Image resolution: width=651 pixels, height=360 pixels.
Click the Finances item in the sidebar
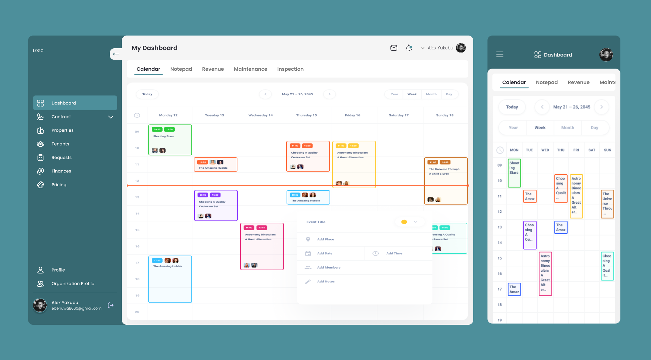coord(61,171)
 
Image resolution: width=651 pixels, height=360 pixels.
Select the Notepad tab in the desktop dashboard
coord(181,69)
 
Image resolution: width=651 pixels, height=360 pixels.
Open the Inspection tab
coord(290,69)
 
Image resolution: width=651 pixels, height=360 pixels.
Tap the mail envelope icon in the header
coord(394,48)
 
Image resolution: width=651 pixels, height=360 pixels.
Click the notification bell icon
coord(409,48)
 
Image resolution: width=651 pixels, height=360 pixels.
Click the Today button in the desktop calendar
coord(147,94)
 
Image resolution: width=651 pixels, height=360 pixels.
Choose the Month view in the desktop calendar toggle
coord(431,94)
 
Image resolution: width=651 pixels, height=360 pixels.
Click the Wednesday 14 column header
coord(260,115)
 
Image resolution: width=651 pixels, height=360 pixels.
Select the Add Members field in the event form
coord(329,267)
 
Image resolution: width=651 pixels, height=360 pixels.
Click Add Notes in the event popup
coord(325,282)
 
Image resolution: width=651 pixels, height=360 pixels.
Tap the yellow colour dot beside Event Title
coord(404,222)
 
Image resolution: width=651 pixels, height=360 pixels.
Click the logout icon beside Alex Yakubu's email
coord(111,305)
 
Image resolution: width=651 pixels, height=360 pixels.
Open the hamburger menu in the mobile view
coord(500,55)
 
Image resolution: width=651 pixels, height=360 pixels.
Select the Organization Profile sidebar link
coord(73,283)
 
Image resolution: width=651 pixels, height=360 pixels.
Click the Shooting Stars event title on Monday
coord(163,136)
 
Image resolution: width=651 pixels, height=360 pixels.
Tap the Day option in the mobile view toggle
coord(594,128)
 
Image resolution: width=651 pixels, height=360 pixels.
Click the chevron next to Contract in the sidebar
coord(111,117)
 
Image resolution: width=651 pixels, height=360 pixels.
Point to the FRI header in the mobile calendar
coord(576,150)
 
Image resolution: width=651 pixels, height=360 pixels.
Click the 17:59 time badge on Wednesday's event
coord(262,228)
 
